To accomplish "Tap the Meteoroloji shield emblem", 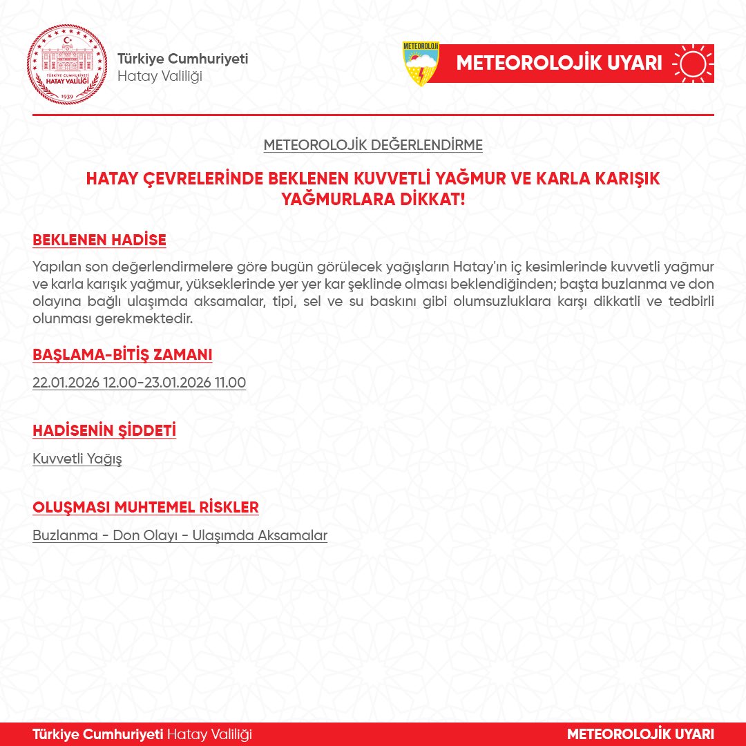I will pos(421,64).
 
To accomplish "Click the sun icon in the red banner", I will pos(693,64).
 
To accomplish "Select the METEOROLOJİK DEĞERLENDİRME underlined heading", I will pos(373,146).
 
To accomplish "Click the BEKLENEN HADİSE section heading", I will pos(99,240).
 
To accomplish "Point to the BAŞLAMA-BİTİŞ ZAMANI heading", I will pos(122,355).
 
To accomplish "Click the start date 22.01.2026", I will pos(66,383).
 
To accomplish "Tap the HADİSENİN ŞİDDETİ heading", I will pos(104,431).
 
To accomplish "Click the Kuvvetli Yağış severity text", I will pos(77,459).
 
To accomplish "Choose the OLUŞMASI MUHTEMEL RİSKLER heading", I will pos(146,508).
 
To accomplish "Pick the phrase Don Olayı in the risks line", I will pos(144,535).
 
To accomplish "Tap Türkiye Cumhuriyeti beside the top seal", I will pos(182,59).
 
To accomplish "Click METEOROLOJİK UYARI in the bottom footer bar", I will pos(640,734).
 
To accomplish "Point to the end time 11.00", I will pos(231,383).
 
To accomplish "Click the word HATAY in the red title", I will pos(110,178).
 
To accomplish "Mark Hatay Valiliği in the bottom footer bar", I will pos(210,734).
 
